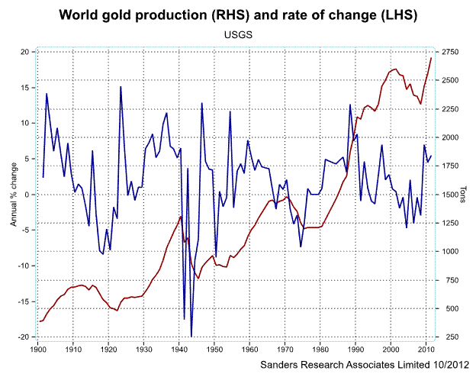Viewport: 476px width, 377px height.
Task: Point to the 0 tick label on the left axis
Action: pyautogui.click(x=27, y=195)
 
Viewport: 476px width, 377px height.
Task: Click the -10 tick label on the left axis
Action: pyautogui.click(x=24, y=266)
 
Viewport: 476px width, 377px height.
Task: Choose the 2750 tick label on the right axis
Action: pyautogui.click(x=449, y=52)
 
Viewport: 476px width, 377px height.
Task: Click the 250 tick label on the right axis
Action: pyautogui.click(x=447, y=337)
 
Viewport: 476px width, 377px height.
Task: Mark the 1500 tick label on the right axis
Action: pyautogui.click(x=449, y=195)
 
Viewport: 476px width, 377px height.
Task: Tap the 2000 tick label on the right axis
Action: pyautogui.click(x=449, y=137)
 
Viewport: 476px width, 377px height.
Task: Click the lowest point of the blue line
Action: pyautogui.click(x=191, y=336)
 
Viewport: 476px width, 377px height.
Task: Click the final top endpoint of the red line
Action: pyautogui.click(x=432, y=58)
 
